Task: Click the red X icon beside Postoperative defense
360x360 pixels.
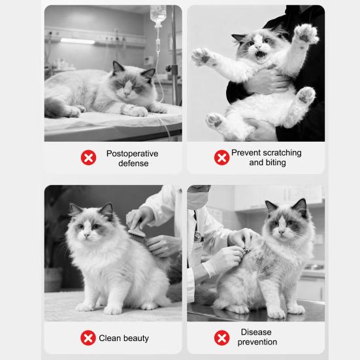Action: click(x=88, y=158)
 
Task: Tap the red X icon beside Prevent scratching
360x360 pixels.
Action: click(x=222, y=157)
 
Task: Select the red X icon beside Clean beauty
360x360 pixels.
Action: click(x=88, y=338)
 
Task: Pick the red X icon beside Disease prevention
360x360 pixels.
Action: click(x=222, y=338)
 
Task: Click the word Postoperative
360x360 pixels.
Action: click(x=132, y=154)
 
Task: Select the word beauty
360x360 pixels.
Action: click(x=136, y=338)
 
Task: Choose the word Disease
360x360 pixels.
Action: click(x=256, y=333)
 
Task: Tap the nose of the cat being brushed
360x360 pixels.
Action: click(x=85, y=231)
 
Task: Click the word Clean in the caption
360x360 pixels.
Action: click(x=110, y=338)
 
